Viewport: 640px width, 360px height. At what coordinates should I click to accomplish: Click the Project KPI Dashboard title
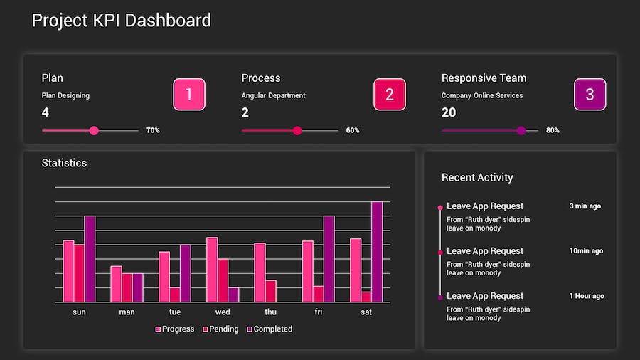122,20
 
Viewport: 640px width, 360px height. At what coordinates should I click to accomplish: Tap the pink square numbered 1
189,95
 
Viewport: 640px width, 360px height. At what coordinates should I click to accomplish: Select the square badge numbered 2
390,95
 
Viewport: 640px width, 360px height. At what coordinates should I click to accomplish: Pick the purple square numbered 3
590,95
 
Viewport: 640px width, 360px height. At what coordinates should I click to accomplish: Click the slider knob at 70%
94,131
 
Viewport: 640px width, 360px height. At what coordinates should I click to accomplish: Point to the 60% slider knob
297,131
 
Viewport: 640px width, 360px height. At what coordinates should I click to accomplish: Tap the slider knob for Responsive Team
521,131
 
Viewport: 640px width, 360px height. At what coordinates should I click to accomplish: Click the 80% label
553,131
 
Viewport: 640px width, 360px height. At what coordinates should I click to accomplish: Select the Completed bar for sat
377,252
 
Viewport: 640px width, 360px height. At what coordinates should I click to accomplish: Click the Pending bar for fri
319,295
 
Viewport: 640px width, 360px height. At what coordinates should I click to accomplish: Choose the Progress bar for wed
212,270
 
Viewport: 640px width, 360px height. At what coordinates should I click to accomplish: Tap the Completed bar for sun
90,259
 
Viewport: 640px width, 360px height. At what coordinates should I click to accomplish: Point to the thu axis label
270,312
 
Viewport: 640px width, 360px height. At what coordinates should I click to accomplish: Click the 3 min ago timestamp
585,206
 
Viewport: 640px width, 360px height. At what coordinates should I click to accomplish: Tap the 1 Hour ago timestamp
587,296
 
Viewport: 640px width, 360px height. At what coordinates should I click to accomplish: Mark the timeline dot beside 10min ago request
440,253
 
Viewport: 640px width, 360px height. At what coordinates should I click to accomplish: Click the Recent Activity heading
477,178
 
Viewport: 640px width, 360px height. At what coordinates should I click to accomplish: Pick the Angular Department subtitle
273,95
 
